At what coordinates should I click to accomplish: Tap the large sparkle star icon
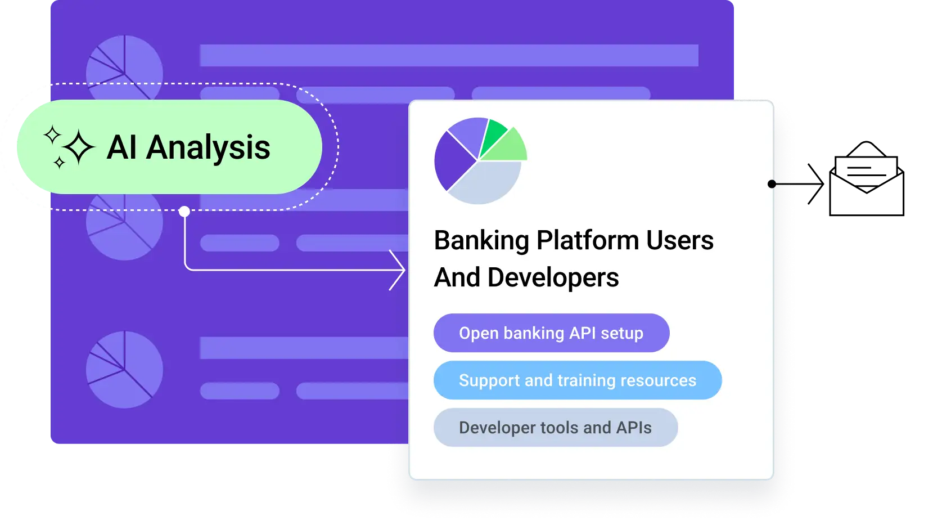coord(78,148)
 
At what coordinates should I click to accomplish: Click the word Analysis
coord(208,148)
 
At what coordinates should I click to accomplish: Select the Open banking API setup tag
coord(551,333)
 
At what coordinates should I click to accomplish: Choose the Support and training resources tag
coord(577,380)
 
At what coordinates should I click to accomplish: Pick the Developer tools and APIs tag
coord(555,428)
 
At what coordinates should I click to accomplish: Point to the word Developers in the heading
coord(553,278)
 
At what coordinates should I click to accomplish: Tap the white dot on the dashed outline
coord(184,212)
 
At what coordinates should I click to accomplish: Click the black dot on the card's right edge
coord(772,184)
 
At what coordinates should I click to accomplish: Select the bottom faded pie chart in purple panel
coord(124,370)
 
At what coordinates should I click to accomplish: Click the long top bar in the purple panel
coord(449,56)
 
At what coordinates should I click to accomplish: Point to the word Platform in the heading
coord(588,241)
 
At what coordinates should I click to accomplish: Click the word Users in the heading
coord(679,241)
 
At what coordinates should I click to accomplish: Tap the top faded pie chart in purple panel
coord(124,62)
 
